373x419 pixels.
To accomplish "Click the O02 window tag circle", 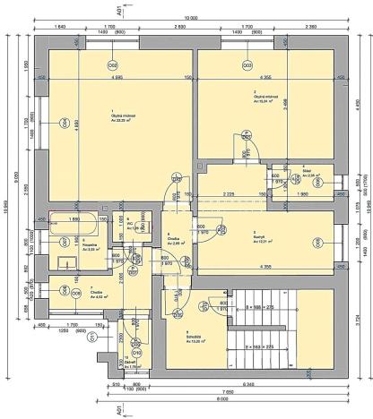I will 113,64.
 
